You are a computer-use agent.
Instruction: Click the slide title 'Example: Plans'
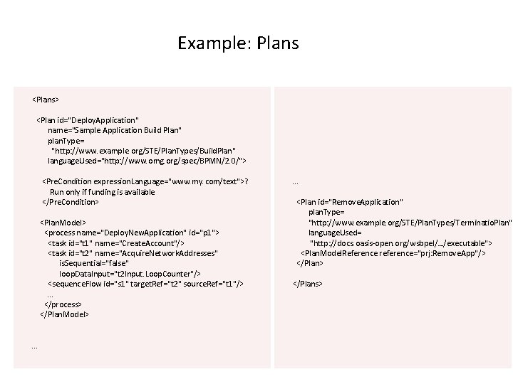(x=238, y=43)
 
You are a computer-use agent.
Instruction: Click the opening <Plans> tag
(x=46, y=99)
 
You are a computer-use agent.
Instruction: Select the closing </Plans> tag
(x=308, y=284)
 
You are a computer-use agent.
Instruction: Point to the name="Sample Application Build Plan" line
(x=114, y=131)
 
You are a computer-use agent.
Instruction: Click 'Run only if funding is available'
(x=102, y=192)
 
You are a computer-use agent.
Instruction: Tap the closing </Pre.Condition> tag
(x=71, y=202)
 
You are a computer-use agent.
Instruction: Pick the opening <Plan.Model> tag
(x=63, y=223)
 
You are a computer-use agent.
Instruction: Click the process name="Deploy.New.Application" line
(x=132, y=233)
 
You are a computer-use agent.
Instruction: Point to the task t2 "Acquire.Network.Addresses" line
(x=133, y=253)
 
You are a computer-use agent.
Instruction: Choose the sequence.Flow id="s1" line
(x=145, y=284)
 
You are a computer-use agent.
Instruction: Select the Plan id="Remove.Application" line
(x=350, y=202)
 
